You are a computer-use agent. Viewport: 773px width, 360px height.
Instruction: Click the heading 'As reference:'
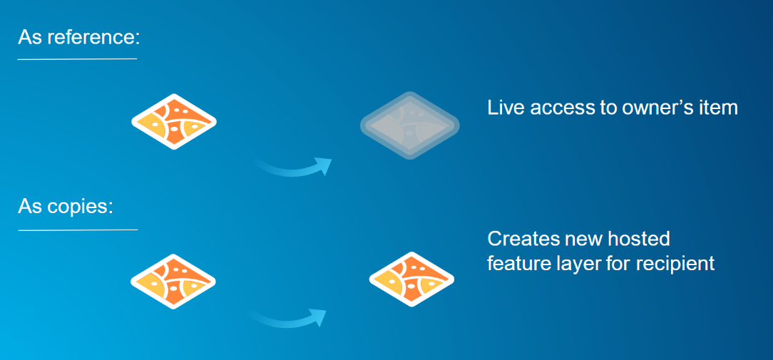click(x=78, y=36)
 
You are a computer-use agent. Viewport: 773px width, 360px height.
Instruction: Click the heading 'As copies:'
click(x=66, y=207)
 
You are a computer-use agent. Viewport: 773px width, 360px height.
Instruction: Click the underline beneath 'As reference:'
click(x=77, y=58)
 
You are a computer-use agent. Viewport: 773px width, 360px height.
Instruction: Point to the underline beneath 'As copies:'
click(x=77, y=230)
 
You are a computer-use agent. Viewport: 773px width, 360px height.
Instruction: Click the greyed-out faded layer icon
click(x=409, y=125)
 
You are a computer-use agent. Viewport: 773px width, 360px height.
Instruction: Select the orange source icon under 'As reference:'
click(x=174, y=120)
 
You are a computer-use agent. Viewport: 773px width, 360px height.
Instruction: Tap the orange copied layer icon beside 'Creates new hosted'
click(x=411, y=279)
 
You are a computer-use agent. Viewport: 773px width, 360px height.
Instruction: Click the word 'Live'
click(x=503, y=108)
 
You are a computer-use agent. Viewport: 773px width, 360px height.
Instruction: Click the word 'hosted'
click(x=638, y=238)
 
